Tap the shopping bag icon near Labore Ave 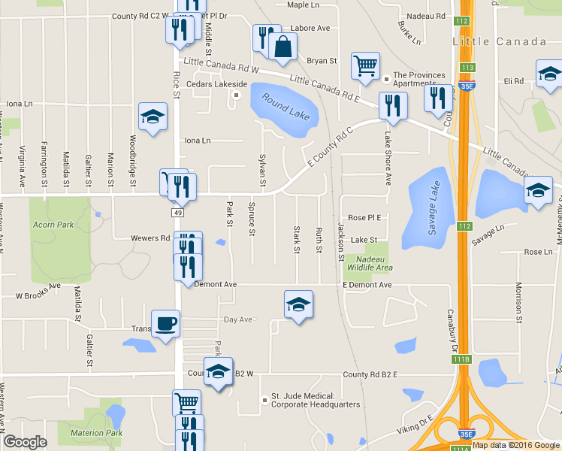283,46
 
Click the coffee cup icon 166,324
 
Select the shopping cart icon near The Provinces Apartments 365,65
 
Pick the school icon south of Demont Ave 298,304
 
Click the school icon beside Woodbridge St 153,117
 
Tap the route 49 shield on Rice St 178,213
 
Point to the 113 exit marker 467,68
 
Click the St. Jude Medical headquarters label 316,400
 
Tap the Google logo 26,442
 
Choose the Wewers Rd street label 153,238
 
